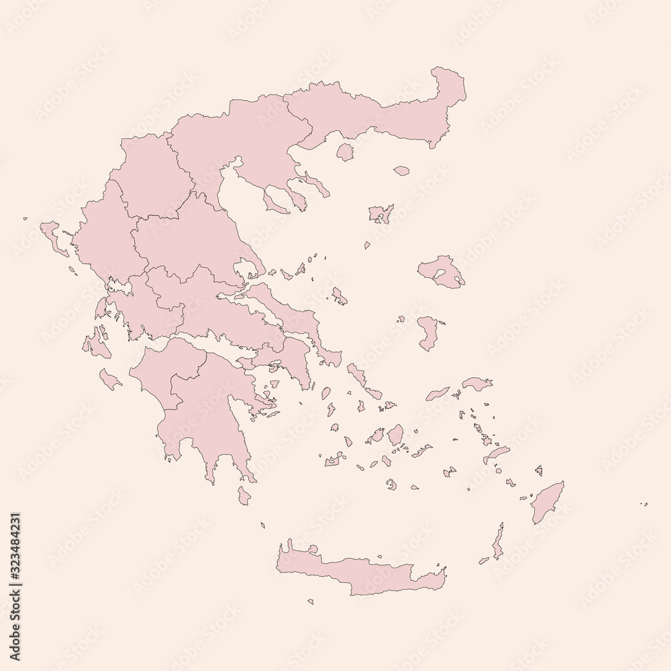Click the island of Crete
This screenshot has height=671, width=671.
coord(362,570)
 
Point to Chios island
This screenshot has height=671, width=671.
coord(427,333)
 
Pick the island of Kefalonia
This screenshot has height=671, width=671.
coord(93,344)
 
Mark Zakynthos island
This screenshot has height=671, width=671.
coord(109,378)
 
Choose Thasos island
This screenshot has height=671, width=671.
coord(345,152)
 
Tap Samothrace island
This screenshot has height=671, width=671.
coord(401,171)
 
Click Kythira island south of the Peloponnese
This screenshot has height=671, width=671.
coord(244,496)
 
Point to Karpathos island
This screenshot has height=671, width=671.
coord(498,542)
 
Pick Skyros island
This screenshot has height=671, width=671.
coord(338,296)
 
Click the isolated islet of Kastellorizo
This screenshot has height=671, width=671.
coord(645,504)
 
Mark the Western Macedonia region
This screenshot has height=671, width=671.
coord(148,174)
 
